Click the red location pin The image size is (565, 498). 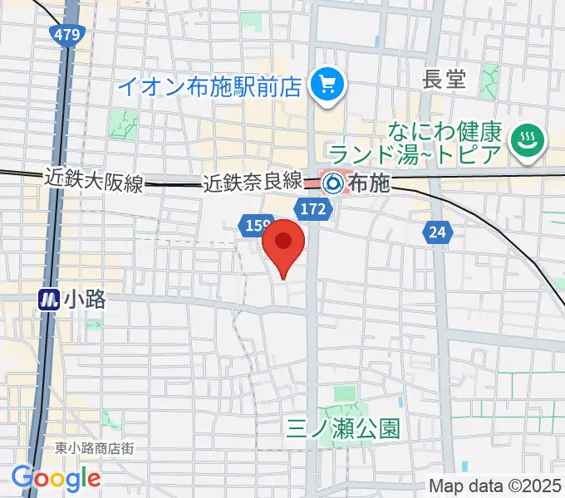pyautogui.click(x=283, y=243)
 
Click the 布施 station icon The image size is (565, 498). pyautogui.click(x=334, y=181)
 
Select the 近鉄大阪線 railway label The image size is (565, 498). pyautogui.click(x=94, y=179)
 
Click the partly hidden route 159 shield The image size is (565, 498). pyautogui.click(x=253, y=224)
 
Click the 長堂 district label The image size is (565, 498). pyautogui.click(x=445, y=81)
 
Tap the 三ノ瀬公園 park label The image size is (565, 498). pyautogui.click(x=343, y=428)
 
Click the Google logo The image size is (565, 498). pyautogui.click(x=56, y=478)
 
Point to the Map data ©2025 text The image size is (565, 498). pyautogui.click(x=495, y=486)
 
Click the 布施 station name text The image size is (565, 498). pyautogui.click(x=369, y=183)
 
